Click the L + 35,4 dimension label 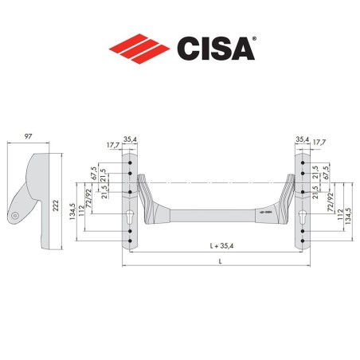[213, 245]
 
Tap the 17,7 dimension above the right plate [319, 144]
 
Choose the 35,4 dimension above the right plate [302, 139]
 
